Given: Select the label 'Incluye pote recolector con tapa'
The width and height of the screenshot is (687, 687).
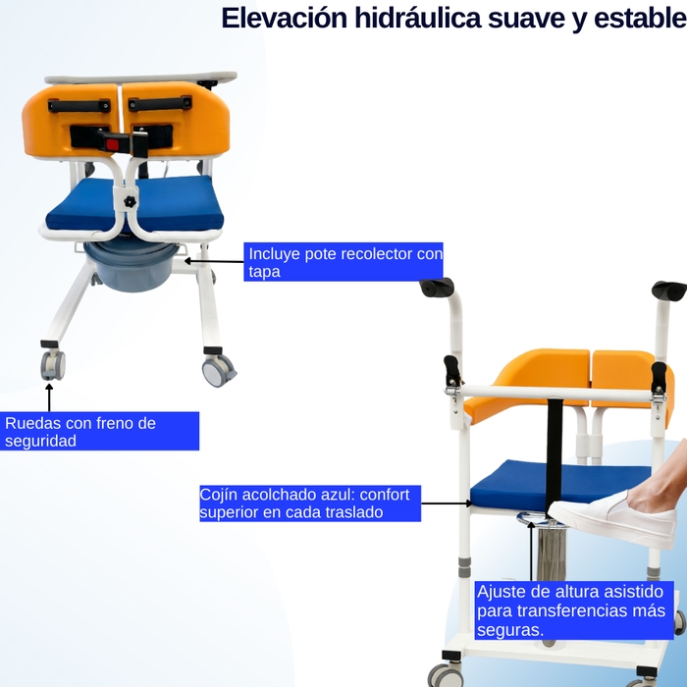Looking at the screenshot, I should [343, 262].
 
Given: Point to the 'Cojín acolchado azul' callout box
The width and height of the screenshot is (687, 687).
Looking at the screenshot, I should [309, 502].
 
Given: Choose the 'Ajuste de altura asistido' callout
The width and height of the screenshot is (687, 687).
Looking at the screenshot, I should [574, 609].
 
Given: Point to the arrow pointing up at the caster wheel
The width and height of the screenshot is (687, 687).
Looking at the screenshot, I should [48, 396].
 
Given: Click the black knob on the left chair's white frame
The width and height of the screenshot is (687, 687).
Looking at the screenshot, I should [129, 202].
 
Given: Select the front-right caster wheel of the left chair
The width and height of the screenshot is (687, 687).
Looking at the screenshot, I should [218, 368].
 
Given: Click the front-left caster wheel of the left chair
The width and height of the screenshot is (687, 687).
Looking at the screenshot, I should [53, 365].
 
